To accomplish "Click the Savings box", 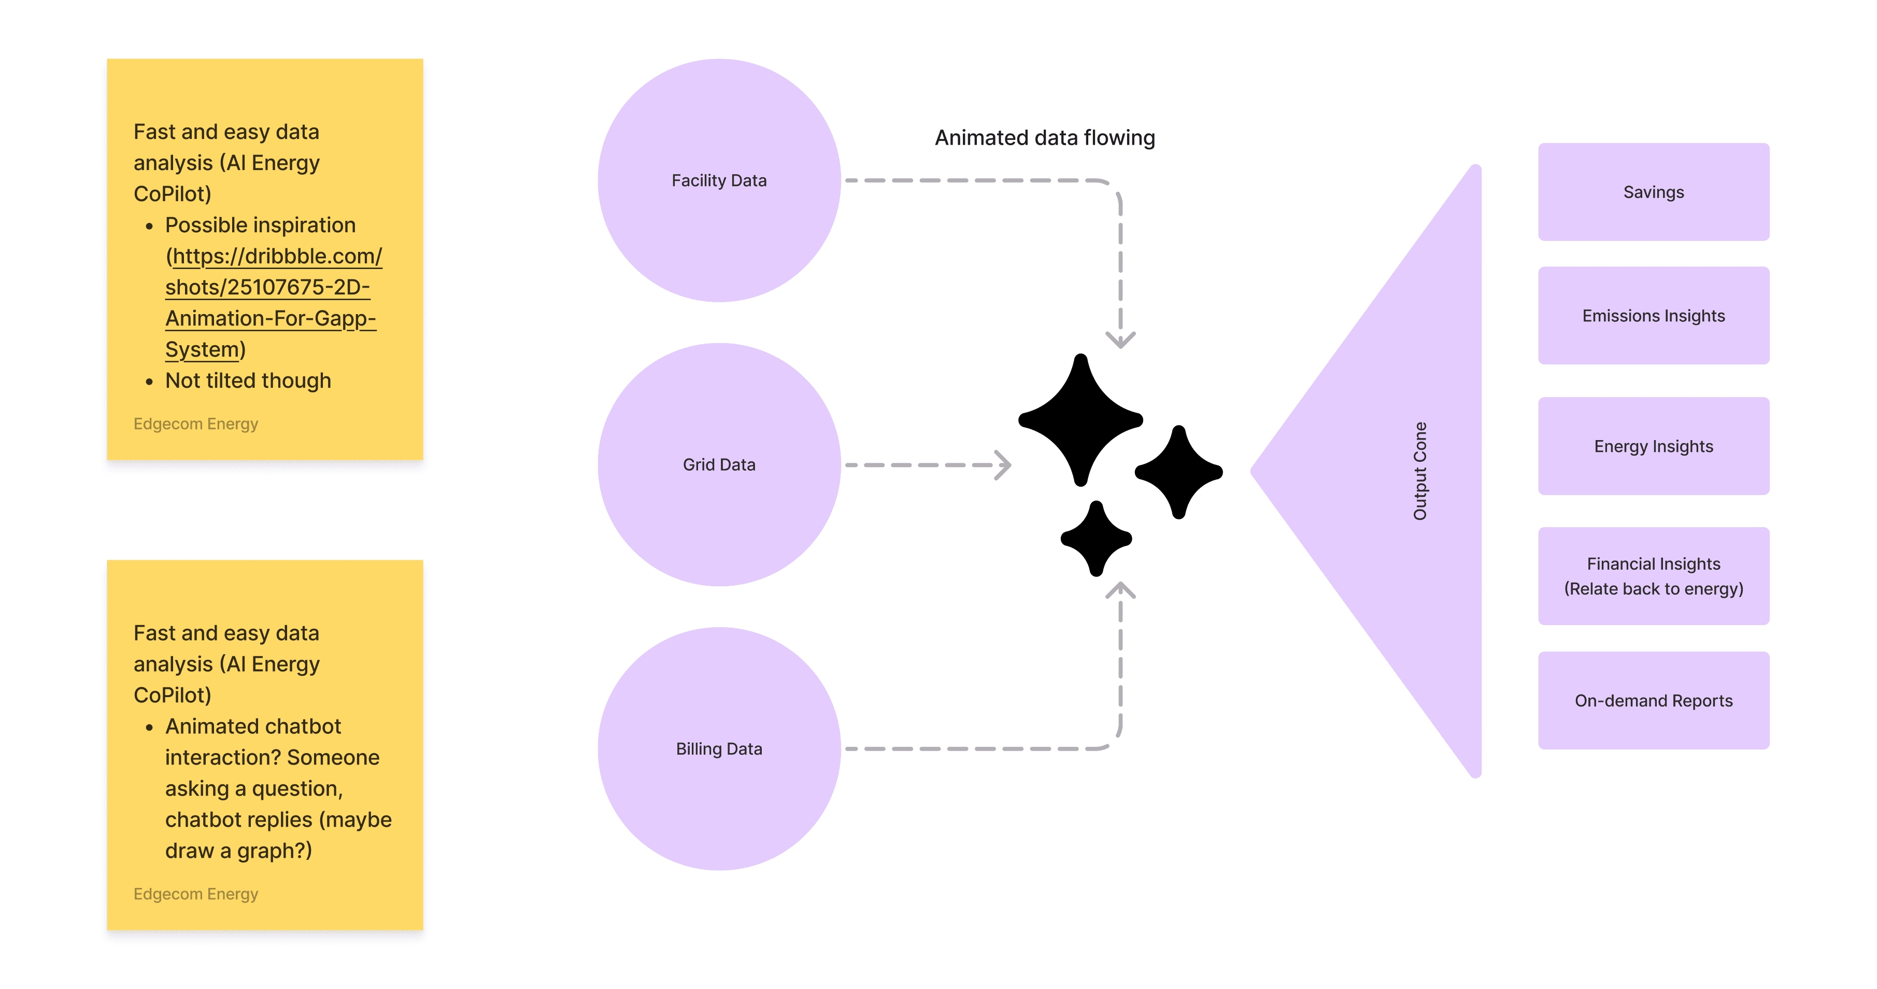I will coord(1653,192).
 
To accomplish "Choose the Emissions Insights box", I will coord(1653,316).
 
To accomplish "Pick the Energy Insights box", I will coord(1653,446).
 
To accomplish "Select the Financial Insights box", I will coord(1653,576).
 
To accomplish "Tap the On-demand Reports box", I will coord(1653,700).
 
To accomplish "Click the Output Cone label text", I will coord(1419,471).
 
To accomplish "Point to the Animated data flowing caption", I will coord(1044,138).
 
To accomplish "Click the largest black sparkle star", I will coord(1080,420).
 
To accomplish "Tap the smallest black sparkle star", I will coord(1096,539).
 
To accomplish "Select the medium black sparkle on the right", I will coord(1178,472).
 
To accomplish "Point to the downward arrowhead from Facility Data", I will coord(1120,341).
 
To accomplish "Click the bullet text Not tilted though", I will coord(248,380).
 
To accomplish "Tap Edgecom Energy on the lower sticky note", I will coord(195,894).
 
